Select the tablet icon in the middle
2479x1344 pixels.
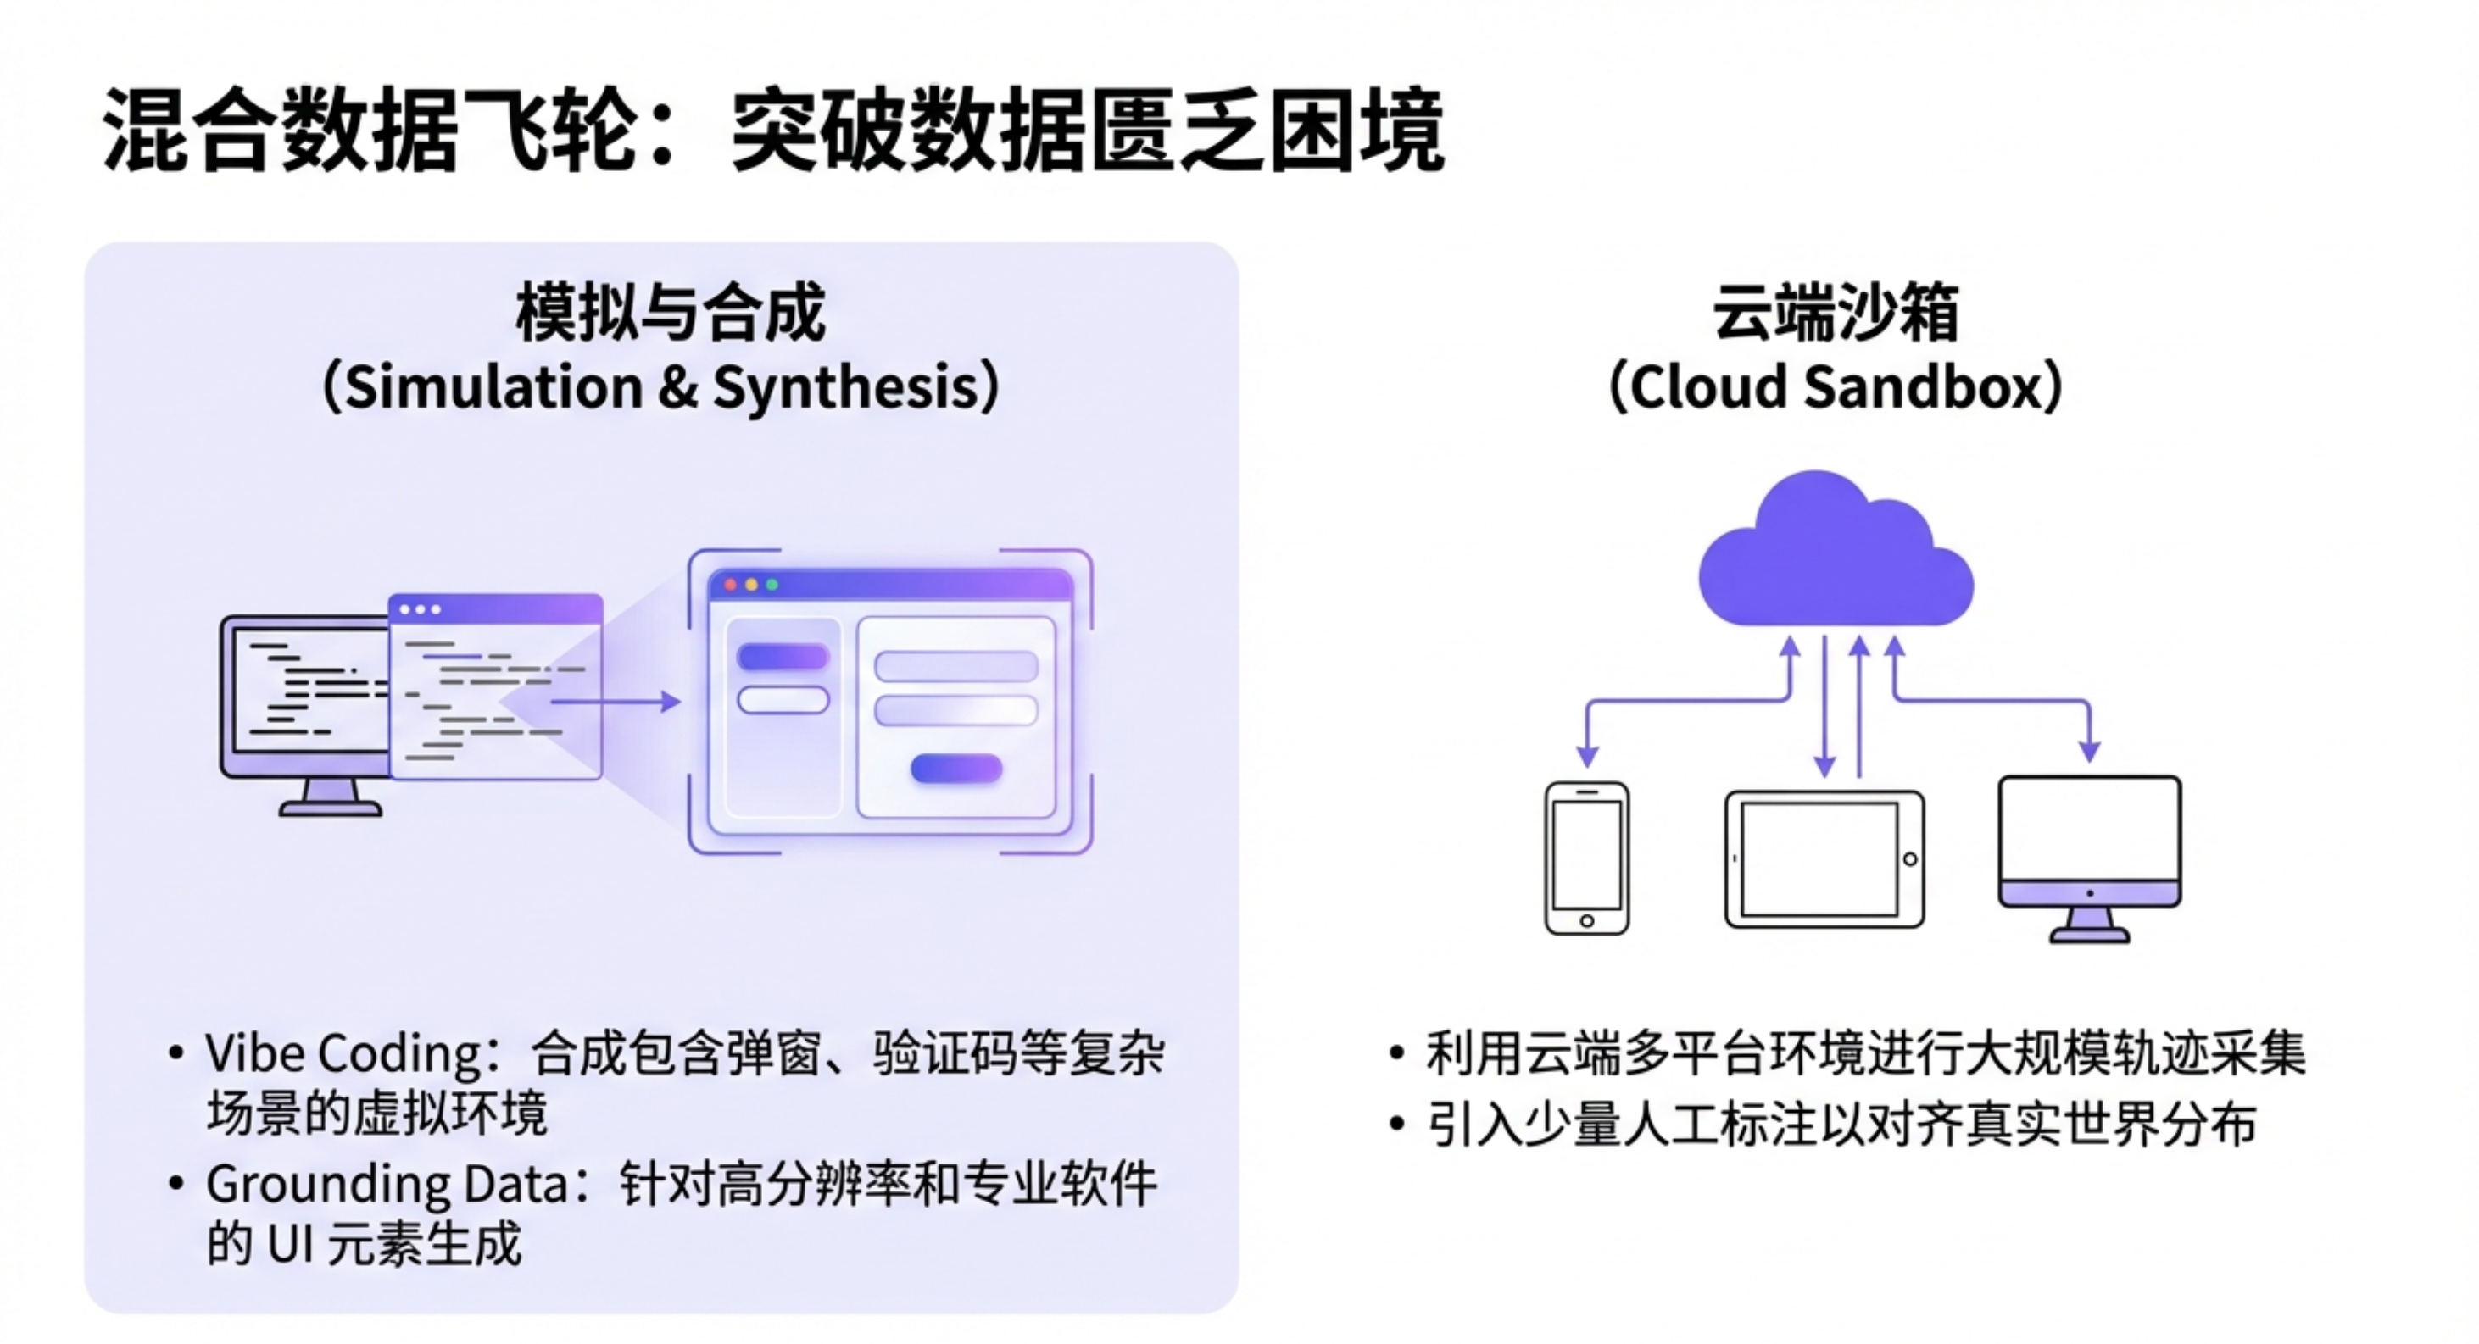pos(1824,859)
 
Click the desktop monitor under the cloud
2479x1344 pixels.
pos(2089,847)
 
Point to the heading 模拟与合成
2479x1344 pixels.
pos(670,313)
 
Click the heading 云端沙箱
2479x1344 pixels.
pos(1836,313)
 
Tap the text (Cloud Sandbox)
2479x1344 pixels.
pos(1836,388)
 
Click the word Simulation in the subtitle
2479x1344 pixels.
pos(493,388)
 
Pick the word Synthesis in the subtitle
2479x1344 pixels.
pos(845,388)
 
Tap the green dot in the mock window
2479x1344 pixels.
pos(772,585)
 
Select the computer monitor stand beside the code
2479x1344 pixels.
pos(330,799)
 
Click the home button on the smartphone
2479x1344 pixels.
pos(1587,920)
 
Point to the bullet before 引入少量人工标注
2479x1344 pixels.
pos(1397,1124)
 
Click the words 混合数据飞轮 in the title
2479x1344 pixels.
pos(373,130)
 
